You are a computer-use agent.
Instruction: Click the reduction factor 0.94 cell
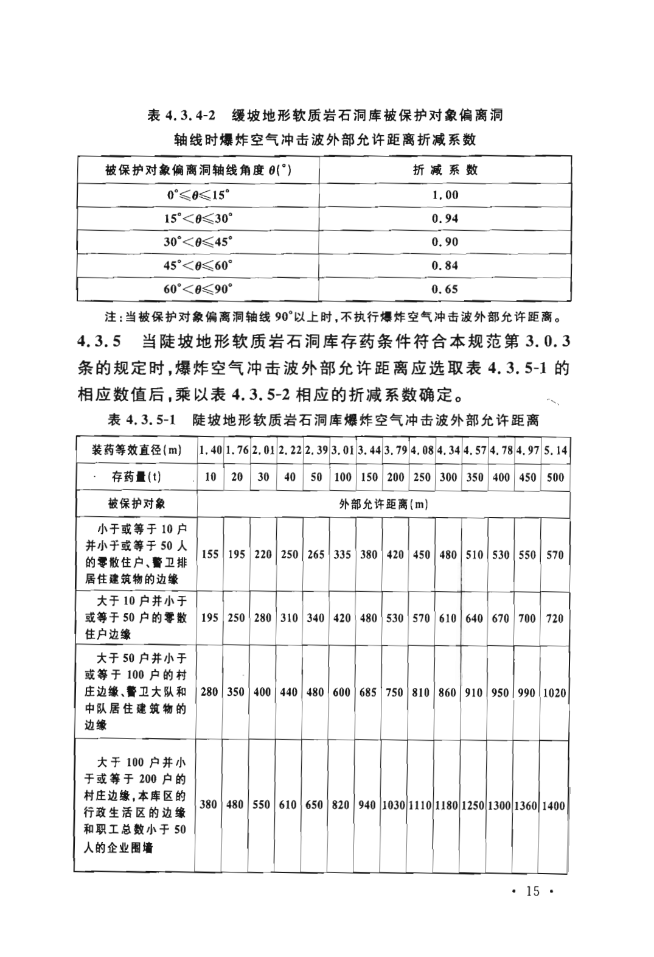(445, 219)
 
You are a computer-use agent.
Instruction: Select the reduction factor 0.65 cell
(445, 289)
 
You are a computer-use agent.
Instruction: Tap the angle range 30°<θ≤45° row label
(198, 242)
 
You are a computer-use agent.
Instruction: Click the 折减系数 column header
(445, 170)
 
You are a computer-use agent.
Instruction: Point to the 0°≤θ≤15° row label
(198, 195)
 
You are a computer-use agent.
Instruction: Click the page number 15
(532, 891)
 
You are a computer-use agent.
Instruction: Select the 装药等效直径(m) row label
(137, 450)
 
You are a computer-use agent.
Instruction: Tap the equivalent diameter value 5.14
(555, 450)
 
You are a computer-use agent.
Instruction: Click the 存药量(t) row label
(137, 477)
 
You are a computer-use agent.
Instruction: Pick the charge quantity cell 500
(555, 477)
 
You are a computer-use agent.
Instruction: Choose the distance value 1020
(554, 693)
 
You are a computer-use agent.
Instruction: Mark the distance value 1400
(554, 805)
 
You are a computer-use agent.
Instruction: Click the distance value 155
(210, 555)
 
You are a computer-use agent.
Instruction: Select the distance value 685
(368, 693)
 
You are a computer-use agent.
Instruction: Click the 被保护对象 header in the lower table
(136, 504)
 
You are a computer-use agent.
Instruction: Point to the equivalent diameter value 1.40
(210, 450)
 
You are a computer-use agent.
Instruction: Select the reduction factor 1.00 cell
(445, 195)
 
